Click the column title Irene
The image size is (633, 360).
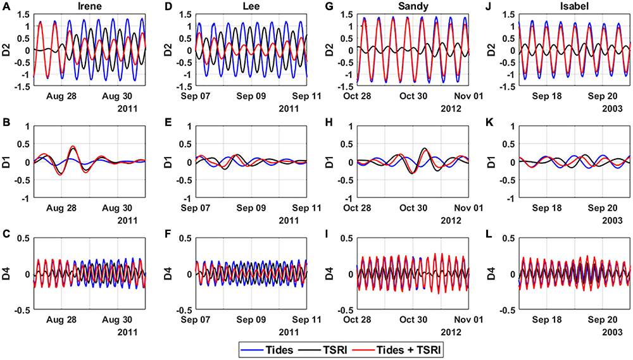tap(89, 6)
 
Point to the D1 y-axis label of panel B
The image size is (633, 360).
tap(11, 163)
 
